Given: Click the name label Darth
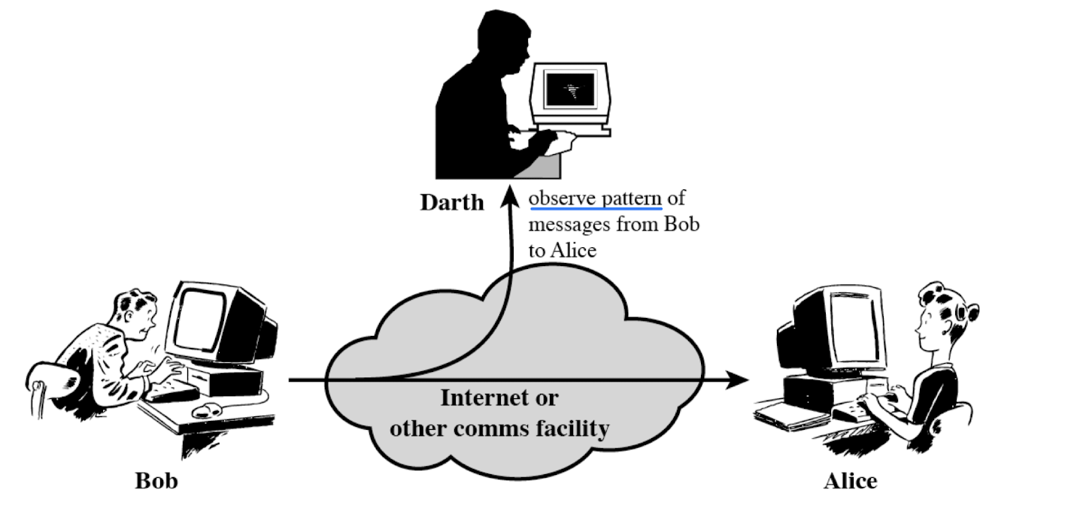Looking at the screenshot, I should tap(452, 203).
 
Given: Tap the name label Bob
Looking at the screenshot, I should tap(156, 480).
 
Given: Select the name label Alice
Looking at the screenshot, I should tap(849, 480).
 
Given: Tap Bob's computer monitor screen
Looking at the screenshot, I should tap(200, 319).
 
